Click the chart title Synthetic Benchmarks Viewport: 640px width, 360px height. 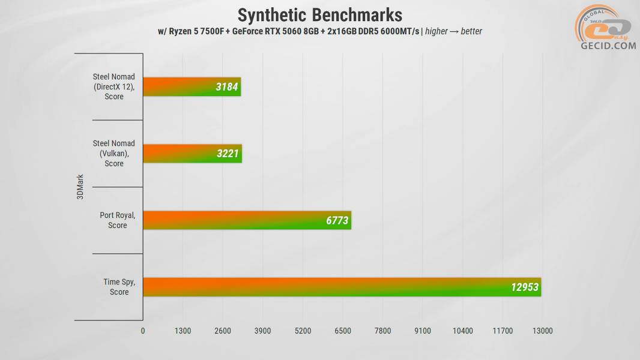click(x=319, y=14)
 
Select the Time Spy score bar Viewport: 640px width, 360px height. click(x=342, y=287)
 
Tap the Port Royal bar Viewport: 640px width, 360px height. click(x=247, y=220)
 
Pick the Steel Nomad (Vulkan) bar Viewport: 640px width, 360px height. click(x=192, y=154)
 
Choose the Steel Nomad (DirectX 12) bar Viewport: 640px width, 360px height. click(x=192, y=87)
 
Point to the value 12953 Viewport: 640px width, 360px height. click(x=525, y=287)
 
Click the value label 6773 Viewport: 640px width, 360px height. click(x=337, y=221)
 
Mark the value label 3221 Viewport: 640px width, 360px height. click(x=228, y=154)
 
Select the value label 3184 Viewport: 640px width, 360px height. click(x=227, y=88)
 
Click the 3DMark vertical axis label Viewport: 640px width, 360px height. click(x=80, y=187)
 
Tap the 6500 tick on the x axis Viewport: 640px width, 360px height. click(x=343, y=331)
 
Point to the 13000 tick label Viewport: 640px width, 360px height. click(x=542, y=331)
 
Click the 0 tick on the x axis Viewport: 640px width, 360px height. click(x=143, y=331)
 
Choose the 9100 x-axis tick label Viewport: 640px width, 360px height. click(x=423, y=331)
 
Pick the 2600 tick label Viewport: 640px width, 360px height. click(x=223, y=331)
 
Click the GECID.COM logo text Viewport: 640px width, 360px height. click(x=608, y=46)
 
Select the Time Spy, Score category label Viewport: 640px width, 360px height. click(x=119, y=287)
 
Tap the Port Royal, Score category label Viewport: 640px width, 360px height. click(x=118, y=220)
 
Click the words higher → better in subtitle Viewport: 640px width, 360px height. click(x=453, y=31)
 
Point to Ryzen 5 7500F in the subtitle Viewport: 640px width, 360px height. click(x=198, y=31)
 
